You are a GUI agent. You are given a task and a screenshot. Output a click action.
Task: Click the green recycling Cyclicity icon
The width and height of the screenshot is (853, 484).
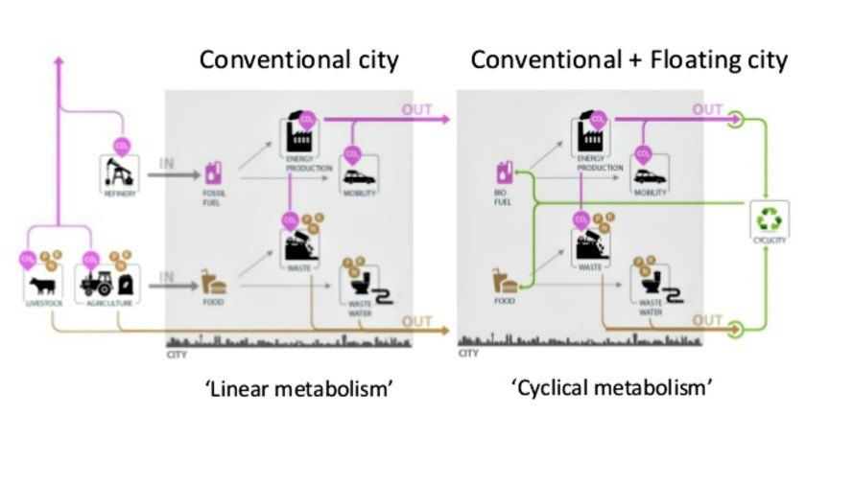tap(770, 219)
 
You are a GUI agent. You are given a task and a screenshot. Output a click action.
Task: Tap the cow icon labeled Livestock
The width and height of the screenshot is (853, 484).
tap(43, 285)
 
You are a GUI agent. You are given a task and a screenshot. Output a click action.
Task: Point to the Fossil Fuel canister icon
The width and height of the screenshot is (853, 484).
tap(213, 173)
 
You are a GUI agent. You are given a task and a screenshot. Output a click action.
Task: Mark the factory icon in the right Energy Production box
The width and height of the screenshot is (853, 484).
tap(591, 138)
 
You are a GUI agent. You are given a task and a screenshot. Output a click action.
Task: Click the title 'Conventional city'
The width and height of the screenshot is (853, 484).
tap(298, 60)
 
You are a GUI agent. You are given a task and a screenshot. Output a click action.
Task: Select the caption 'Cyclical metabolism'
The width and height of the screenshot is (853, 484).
tap(612, 388)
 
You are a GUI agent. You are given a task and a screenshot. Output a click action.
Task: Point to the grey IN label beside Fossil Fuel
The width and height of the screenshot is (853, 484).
tap(167, 163)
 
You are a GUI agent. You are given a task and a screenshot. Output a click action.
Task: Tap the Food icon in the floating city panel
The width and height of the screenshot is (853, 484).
tap(504, 281)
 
